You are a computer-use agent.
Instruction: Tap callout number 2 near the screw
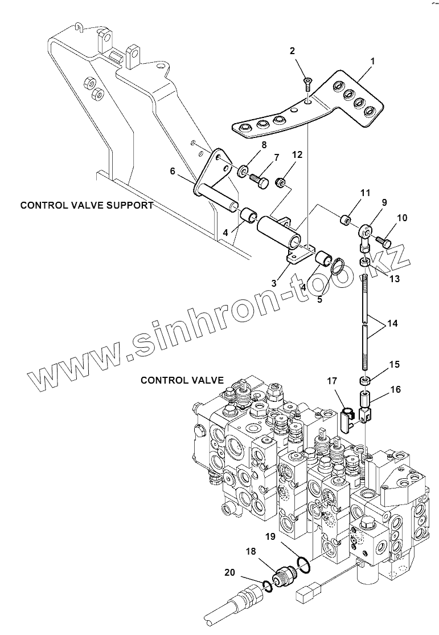pyautogui.click(x=293, y=51)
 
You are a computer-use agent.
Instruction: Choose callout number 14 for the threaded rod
pyautogui.click(x=392, y=323)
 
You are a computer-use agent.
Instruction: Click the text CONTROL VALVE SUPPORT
pyautogui.click(x=87, y=205)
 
